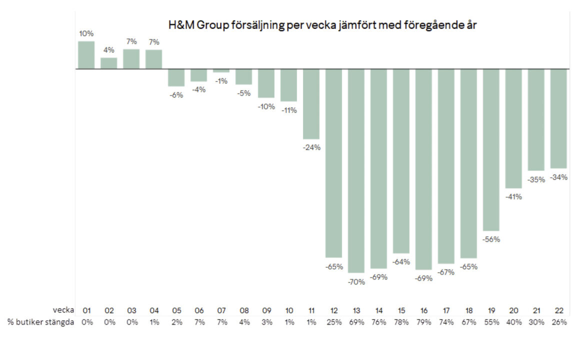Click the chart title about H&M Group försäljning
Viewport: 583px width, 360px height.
click(322, 26)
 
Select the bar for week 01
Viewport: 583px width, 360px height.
click(86, 55)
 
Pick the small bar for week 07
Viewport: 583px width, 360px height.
click(221, 70)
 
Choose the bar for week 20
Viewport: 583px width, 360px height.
click(513, 128)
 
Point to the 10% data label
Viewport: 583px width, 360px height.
click(86, 33)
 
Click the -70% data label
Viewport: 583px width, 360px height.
click(356, 281)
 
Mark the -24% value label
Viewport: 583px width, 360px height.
click(311, 147)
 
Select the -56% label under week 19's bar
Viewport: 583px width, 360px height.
click(491, 239)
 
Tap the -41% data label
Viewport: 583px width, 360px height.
click(513, 196)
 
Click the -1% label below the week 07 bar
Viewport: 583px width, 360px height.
click(221, 81)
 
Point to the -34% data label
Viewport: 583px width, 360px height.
click(558, 177)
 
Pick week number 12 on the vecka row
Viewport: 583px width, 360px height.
click(334, 310)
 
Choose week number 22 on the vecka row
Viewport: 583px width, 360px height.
click(558, 310)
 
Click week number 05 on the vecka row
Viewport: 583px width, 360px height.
click(176, 310)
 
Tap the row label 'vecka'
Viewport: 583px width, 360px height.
click(63, 310)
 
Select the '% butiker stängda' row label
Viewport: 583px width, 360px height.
click(40, 322)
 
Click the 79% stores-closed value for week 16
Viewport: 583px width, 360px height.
click(423, 322)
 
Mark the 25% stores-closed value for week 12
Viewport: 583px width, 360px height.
click(334, 322)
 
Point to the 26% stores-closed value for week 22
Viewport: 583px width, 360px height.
click(558, 322)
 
